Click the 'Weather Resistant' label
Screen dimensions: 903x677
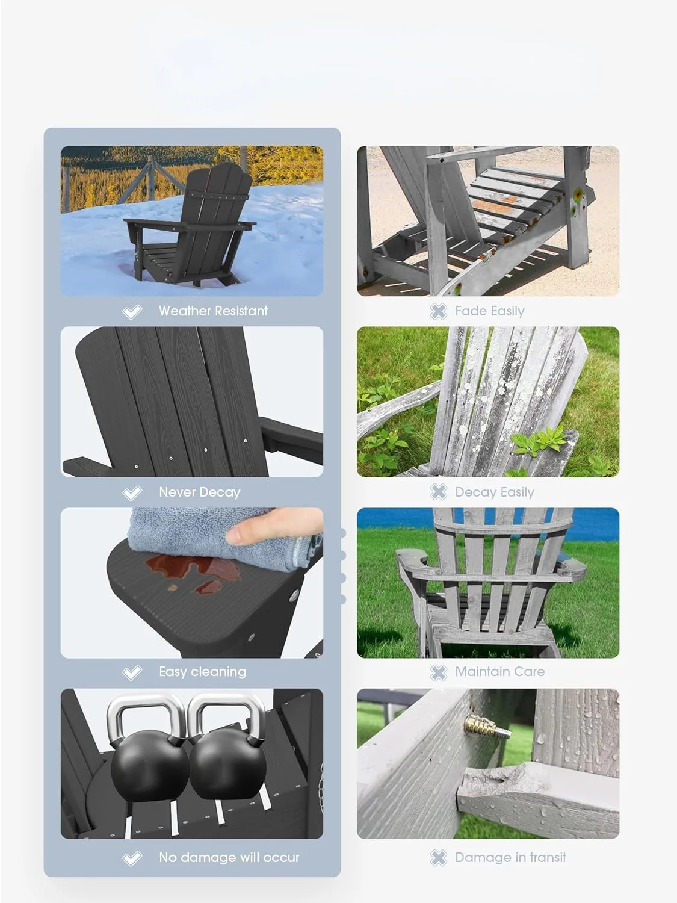(x=213, y=311)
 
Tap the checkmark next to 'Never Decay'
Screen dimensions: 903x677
(x=132, y=493)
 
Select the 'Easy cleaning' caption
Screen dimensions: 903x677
(x=202, y=672)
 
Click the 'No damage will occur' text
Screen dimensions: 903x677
(x=229, y=858)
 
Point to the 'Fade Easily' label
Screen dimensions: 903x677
(x=489, y=311)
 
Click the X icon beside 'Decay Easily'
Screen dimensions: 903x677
(x=439, y=492)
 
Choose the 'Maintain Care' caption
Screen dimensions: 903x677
(x=499, y=672)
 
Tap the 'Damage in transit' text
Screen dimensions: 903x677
(x=510, y=858)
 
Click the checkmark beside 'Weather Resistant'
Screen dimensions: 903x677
(x=132, y=312)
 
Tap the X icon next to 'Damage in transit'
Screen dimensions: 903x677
(x=439, y=858)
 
